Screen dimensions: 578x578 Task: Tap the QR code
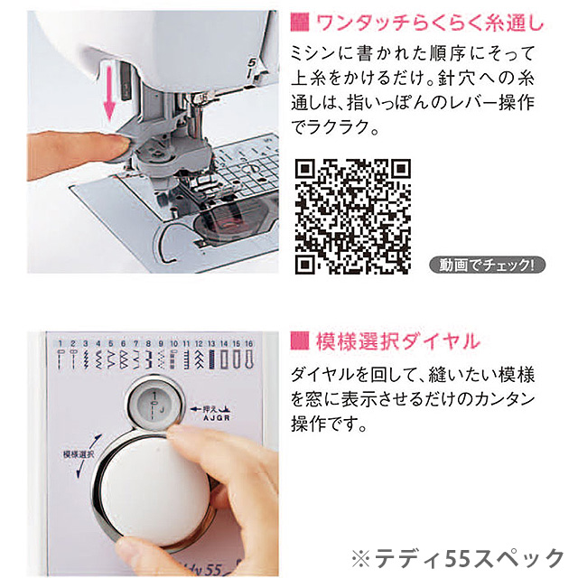[353, 217]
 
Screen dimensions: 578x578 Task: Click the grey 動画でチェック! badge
[488, 265]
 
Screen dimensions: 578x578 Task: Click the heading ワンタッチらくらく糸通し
[430, 23]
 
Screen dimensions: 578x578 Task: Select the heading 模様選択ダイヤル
[398, 341]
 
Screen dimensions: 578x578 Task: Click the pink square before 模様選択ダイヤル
[300, 341]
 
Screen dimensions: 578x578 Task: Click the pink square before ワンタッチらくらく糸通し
[300, 22]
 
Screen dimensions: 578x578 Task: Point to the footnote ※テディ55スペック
[458, 558]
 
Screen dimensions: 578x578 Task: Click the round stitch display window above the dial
[155, 404]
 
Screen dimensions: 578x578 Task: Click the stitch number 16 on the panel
[249, 343]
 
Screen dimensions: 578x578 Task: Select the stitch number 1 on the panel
[61, 343]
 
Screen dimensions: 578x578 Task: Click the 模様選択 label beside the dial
[79, 454]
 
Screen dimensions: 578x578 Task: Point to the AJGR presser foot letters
[217, 418]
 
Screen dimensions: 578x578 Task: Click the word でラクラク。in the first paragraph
[335, 127]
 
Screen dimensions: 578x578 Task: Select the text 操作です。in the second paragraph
[329, 424]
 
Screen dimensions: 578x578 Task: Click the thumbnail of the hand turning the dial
[153, 454]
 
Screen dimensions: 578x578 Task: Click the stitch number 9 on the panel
[161, 343]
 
